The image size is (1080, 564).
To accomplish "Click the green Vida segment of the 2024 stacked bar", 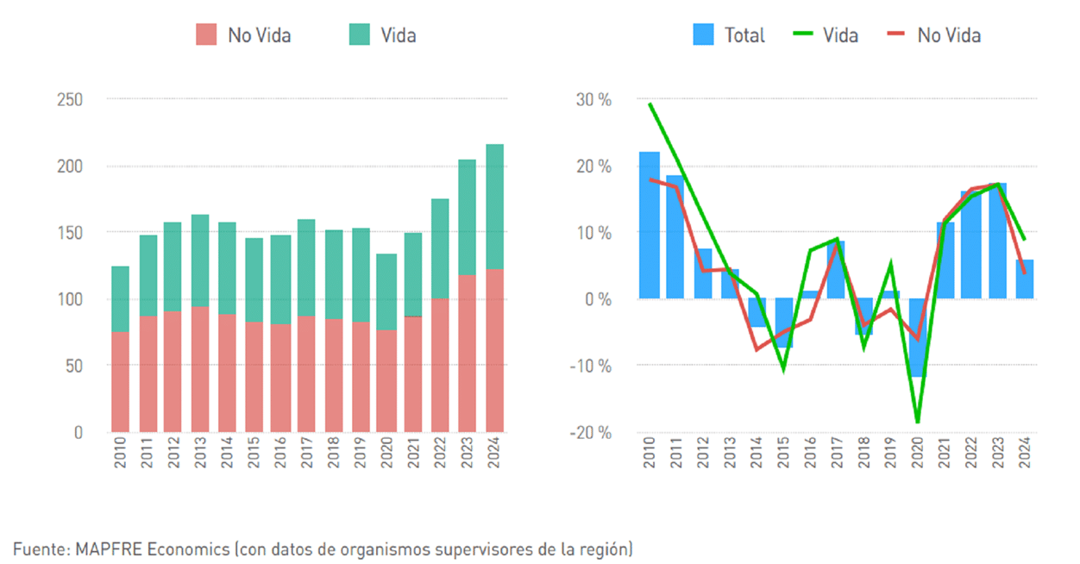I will [495, 207].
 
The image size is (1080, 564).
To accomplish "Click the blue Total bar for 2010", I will [650, 225].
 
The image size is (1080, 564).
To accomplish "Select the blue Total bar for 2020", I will [917, 337].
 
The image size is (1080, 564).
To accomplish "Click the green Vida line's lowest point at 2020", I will [917, 422].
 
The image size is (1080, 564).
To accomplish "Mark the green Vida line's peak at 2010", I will [650, 104].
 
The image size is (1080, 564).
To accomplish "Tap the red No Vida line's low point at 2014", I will [757, 349].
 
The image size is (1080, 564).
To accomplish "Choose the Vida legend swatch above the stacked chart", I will [359, 35].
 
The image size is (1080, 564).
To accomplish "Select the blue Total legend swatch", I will [703, 35].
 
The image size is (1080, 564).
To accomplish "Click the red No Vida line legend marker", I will [896, 35].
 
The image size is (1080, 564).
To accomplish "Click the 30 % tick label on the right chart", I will [594, 100].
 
